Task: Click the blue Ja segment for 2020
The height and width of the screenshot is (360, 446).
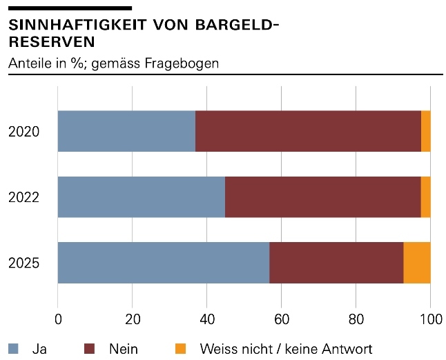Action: [126, 131]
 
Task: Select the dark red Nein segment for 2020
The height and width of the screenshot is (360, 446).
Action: [308, 131]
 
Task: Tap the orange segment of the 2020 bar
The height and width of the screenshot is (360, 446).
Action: [426, 131]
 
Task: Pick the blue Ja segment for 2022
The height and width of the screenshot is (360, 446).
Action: [141, 197]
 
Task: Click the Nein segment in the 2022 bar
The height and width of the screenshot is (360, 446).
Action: [322, 197]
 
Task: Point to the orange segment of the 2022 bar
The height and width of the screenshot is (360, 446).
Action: [426, 197]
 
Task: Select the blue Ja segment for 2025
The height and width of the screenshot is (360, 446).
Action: [163, 263]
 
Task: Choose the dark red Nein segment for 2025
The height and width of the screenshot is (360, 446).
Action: [336, 263]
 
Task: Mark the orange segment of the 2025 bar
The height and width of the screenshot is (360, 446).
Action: [417, 263]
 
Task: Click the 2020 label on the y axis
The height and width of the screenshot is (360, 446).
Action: [24, 132]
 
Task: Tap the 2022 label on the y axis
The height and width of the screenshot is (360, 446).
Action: [24, 198]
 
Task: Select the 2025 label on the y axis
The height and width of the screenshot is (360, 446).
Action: [24, 263]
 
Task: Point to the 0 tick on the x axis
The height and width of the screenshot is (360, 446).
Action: [58, 319]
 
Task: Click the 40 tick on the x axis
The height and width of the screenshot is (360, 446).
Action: [206, 319]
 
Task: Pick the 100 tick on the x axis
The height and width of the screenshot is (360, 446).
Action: [429, 319]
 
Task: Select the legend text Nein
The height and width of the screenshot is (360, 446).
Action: [123, 349]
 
